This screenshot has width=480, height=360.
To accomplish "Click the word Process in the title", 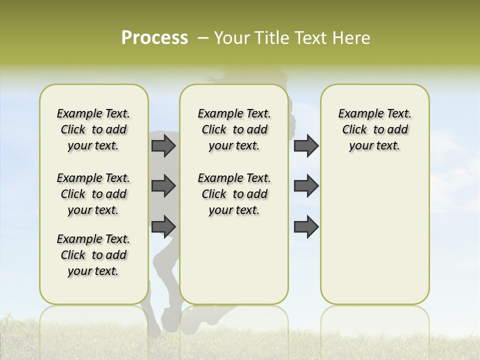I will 154,37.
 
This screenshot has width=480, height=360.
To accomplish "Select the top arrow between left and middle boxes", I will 163,145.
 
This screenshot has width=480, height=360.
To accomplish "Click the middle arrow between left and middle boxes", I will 163,186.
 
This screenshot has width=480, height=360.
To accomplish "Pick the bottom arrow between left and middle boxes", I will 163,226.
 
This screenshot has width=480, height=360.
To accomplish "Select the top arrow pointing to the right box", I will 306,145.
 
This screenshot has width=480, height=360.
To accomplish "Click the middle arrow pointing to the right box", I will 306,186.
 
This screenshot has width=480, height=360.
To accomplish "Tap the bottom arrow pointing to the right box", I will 306,226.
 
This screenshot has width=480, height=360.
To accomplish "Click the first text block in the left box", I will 93,129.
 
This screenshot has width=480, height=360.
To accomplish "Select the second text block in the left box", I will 93,194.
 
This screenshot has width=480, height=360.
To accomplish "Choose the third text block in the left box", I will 93,255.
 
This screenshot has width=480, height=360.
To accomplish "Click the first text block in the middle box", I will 234,129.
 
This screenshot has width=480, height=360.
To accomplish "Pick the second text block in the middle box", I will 234,194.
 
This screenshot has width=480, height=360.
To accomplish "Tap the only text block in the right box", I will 374,129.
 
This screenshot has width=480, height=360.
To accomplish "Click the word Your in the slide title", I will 231,38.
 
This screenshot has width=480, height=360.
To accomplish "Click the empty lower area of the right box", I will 374,240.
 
